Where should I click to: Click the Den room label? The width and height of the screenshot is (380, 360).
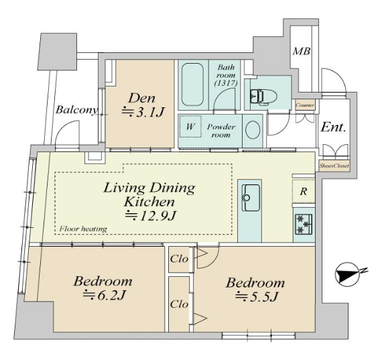coord(142,99)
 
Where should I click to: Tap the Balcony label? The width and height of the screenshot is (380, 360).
coord(76,110)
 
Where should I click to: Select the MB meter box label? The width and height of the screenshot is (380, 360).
coord(301,51)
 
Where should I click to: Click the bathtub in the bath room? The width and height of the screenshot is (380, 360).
coord(192,84)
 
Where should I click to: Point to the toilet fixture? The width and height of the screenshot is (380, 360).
coord(263,97)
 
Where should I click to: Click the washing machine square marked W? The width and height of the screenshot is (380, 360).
coord(190,126)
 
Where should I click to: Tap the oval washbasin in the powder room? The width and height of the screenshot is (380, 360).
coord(253,130)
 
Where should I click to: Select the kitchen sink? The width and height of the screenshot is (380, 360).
coord(251,198)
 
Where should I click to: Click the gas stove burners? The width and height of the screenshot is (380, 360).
coord(304,224)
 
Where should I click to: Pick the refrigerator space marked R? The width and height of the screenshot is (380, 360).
coord(304,192)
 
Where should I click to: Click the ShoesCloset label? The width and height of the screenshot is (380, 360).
coord(334,166)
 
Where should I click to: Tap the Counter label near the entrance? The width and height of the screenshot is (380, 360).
coord(305,105)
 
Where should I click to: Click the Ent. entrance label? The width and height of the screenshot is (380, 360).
coord(333,127)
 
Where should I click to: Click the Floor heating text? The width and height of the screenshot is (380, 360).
coord(83,229)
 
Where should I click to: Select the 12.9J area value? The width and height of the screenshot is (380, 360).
coord(150,215)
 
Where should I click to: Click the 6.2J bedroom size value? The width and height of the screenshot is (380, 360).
coord(104,295)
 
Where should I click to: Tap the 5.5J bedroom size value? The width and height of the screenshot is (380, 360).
coord(257,297)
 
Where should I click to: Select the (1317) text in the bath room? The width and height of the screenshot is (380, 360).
coord(226,83)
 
